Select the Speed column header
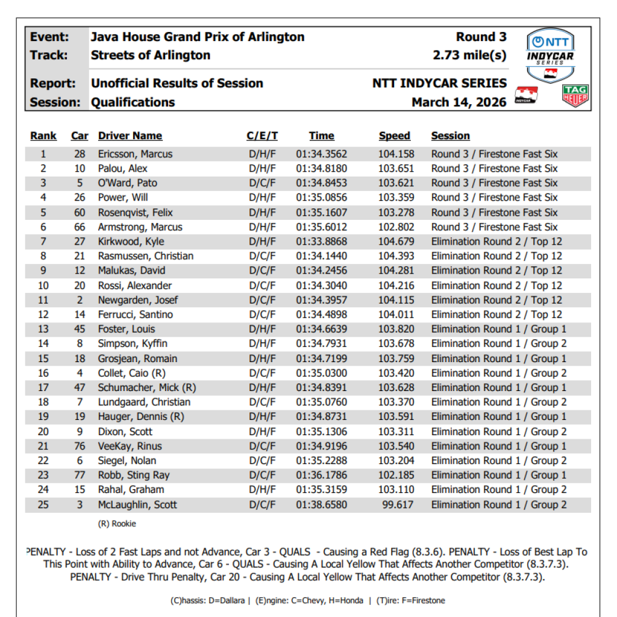pyautogui.click(x=394, y=136)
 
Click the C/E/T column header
pyautogui.click(x=262, y=136)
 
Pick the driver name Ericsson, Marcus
pyautogui.click(x=135, y=154)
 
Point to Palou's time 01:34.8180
pyautogui.click(x=321, y=169)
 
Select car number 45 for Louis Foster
pyautogui.click(x=80, y=329)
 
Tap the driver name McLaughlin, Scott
pyautogui.click(x=137, y=505)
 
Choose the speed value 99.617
pyautogui.click(x=398, y=505)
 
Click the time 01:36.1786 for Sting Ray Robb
pyautogui.click(x=321, y=475)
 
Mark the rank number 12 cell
pyautogui.click(x=43, y=315)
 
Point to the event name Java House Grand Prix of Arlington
pyautogui.click(x=197, y=37)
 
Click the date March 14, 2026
pyautogui.click(x=459, y=102)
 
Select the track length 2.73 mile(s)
pyautogui.click(x=469, y=55)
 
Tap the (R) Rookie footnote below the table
pyautogui.click(x=117, y=524)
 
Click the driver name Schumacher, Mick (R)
pyautogui.click(x=147, y=387)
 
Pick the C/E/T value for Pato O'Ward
pyautogui.click(x=262, y=183)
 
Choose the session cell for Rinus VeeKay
pyautogui.click(x=498, y=446)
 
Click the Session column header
pyautogui.click(x=450, y=136)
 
